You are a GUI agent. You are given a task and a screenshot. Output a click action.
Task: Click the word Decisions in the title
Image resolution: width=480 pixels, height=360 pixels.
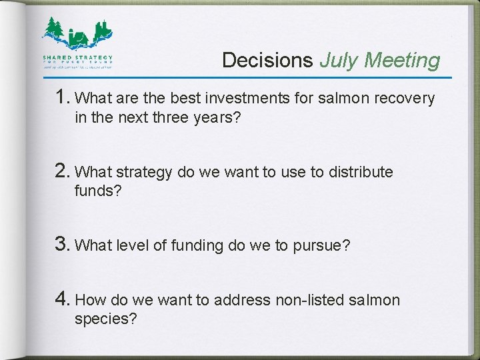click(267, 61)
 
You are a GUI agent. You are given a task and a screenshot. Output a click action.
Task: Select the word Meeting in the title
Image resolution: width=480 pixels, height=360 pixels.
click(403, 61)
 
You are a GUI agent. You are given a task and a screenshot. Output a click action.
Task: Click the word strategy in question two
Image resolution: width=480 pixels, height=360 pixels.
click(145, 173)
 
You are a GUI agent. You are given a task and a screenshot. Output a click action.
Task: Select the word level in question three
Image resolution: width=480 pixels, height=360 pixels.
click(133, 245)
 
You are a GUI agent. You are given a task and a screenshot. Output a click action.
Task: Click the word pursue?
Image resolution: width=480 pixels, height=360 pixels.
click(321, 246)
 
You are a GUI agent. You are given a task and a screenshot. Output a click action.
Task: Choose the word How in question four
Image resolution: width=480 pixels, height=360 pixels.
click(89, 301)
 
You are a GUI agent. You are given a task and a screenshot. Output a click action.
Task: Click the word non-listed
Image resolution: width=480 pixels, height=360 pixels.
click(310, 301)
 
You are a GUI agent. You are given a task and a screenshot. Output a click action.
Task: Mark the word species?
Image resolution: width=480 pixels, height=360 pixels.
click(106, 319)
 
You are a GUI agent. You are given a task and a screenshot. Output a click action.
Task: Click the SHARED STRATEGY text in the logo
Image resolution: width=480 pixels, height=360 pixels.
click(78, 58)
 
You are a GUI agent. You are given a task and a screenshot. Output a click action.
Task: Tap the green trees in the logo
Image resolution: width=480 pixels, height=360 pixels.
click(55, 28)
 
